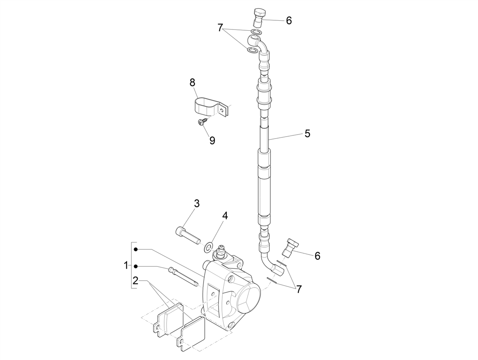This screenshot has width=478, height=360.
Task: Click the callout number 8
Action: pos(192,83)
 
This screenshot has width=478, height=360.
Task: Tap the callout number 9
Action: pos(212,140)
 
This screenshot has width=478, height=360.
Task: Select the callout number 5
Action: pos(307,133)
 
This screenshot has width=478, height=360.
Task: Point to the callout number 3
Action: pos(197,203)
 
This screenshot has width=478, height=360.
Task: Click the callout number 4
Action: pos(225,216)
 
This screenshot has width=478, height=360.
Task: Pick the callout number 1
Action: pos(126,265)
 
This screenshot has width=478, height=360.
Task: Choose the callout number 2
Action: pos(135,280)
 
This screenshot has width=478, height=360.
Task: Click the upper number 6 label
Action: pos(289,21)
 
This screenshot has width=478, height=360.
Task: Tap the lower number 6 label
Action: pos(317,256)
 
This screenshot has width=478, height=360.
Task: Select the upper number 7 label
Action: pos(220,28)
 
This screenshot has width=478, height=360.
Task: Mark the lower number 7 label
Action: pos(299,289)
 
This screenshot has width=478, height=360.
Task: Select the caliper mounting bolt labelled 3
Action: pos(187,236)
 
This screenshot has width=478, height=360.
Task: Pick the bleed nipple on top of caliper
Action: pos(220,253)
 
